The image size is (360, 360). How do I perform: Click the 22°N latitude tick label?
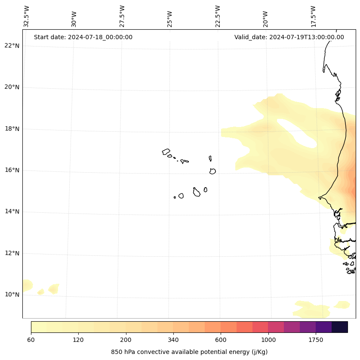tap(12, 46)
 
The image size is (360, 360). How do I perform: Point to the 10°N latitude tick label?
tap(12, 295)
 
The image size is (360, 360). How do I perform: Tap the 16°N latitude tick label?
tap(12, 170)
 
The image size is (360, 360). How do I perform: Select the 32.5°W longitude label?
tap(26, 16)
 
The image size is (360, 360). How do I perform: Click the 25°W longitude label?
tap(170, 19)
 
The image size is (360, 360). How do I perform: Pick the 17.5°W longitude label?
tap(313, 16)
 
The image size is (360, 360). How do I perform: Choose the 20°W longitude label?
tap(265, 19)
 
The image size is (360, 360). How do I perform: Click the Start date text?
tap(83, 37)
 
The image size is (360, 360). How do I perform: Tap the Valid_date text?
tap(289, 37)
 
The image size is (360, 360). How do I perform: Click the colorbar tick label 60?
tap(31, 340)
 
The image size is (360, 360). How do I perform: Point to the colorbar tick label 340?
tap(173, 340)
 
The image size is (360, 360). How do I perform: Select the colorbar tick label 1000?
tap(268, 340)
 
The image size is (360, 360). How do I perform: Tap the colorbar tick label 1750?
tap(316, 340)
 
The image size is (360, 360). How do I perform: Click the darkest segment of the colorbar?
tap(340, 327)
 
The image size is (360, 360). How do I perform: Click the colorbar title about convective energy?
tap(189, 352)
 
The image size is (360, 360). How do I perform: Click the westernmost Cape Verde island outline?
tap(166, 152)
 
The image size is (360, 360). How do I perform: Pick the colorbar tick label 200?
tap(126, 340)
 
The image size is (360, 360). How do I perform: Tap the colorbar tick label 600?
tap(221, 340)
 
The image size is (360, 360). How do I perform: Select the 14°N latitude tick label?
tap(12, 211)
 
